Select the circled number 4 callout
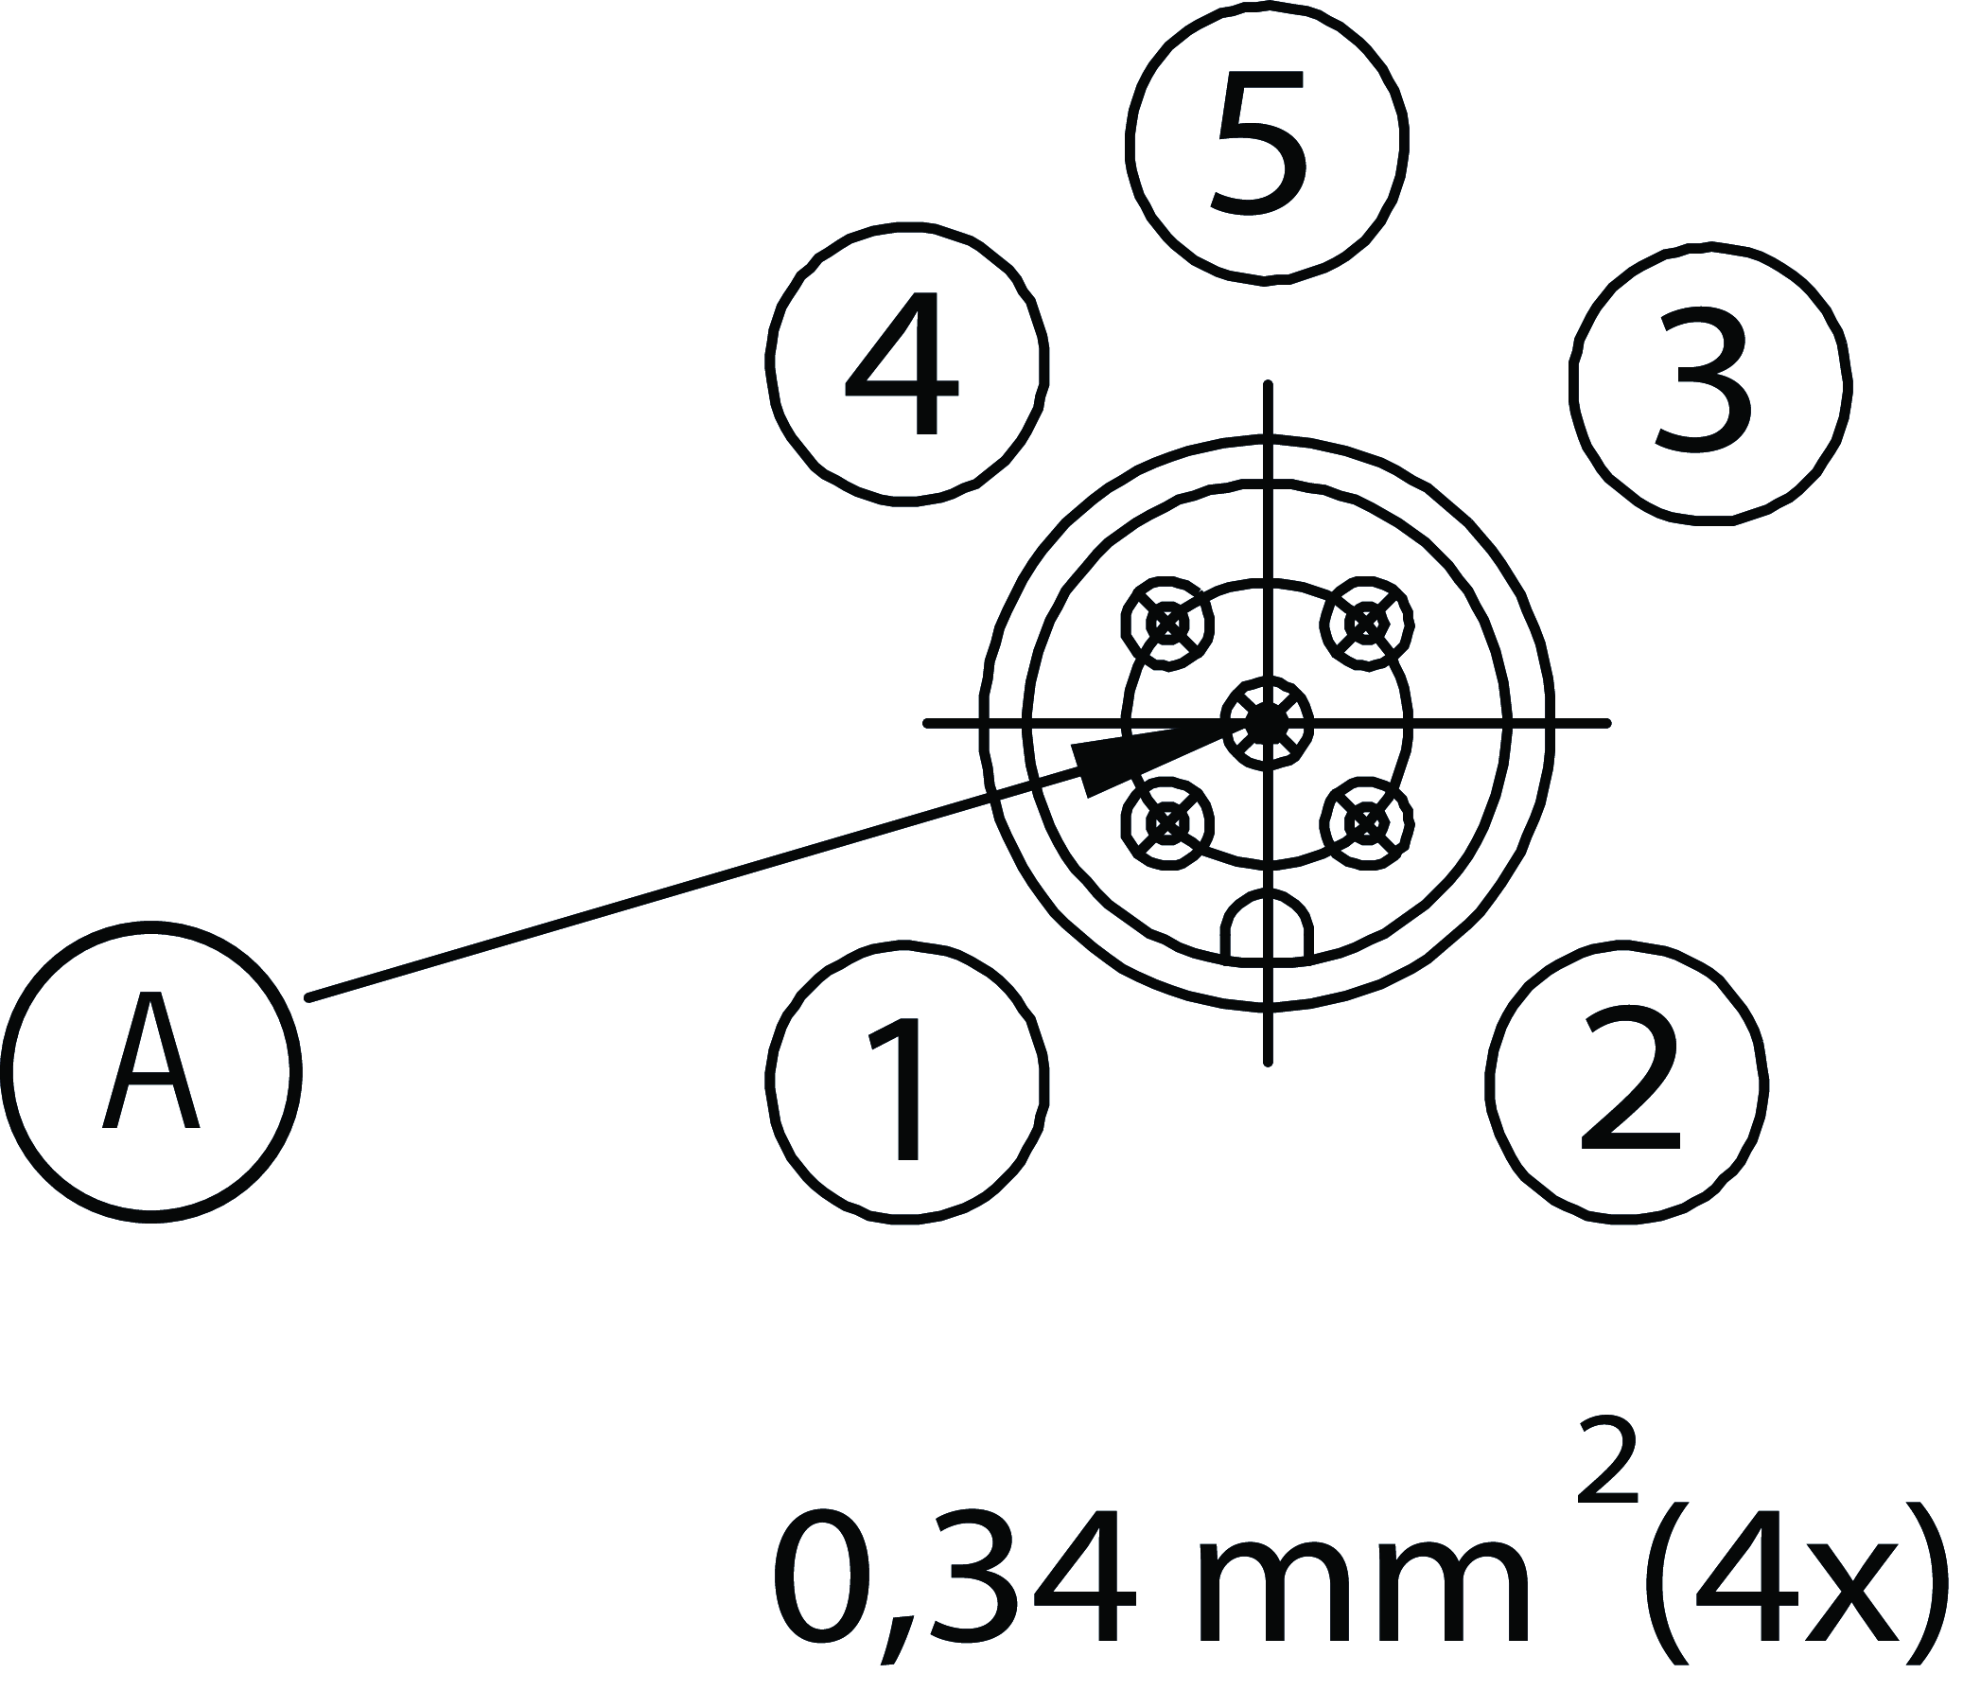coord(906,365)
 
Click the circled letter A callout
coord(150,1072)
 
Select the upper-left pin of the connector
coord(1167,624)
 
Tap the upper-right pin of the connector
coord(1366,624)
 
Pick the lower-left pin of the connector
coord(1167,822)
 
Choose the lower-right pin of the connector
coord(1366,822)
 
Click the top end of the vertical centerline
coord(1268,386)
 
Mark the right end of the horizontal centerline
coord(1606,724)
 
